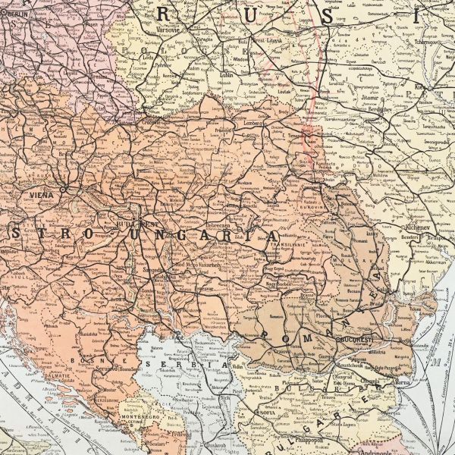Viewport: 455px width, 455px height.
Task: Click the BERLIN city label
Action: [x=12, y=14]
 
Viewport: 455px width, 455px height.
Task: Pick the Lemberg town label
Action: [x=254, y=121]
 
